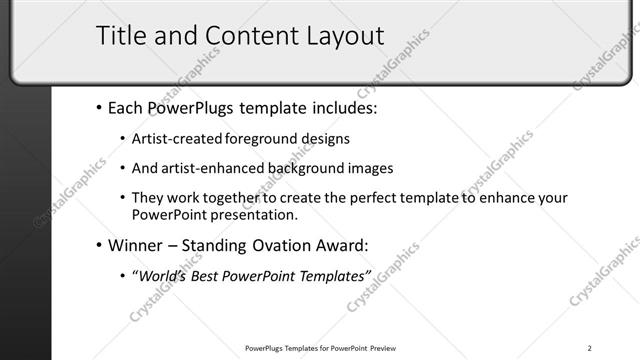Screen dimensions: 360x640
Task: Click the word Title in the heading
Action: point(121,36)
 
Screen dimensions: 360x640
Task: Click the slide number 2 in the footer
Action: point(590,348)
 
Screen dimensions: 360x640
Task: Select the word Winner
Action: point(134,244)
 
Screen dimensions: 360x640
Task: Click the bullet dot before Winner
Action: point(99,245)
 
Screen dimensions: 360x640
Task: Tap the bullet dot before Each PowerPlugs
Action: point(99,108)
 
